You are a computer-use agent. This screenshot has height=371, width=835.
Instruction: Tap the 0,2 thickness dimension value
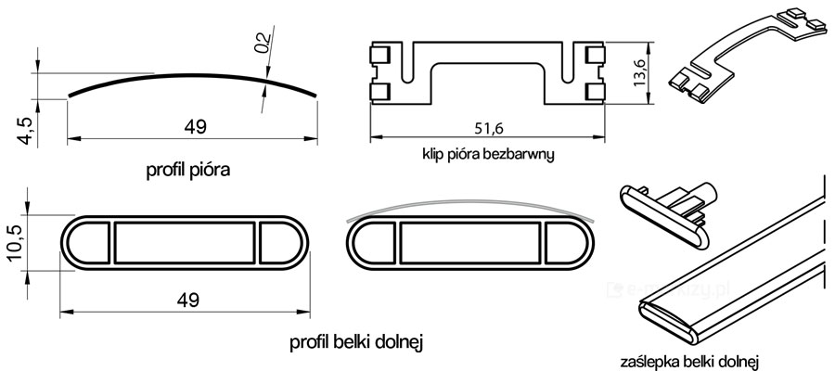point(263,43)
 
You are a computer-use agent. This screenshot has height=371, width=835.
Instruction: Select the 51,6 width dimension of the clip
point(489,128)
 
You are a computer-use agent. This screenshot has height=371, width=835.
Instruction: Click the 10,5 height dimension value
point(16,243)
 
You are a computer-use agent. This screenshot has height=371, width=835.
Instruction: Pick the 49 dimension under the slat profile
point(195,127)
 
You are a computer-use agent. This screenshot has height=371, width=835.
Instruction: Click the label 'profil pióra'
point(188,171)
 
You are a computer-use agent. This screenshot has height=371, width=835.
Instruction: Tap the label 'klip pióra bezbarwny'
point(489,155)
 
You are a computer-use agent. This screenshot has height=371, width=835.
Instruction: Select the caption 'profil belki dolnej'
point(356,342)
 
